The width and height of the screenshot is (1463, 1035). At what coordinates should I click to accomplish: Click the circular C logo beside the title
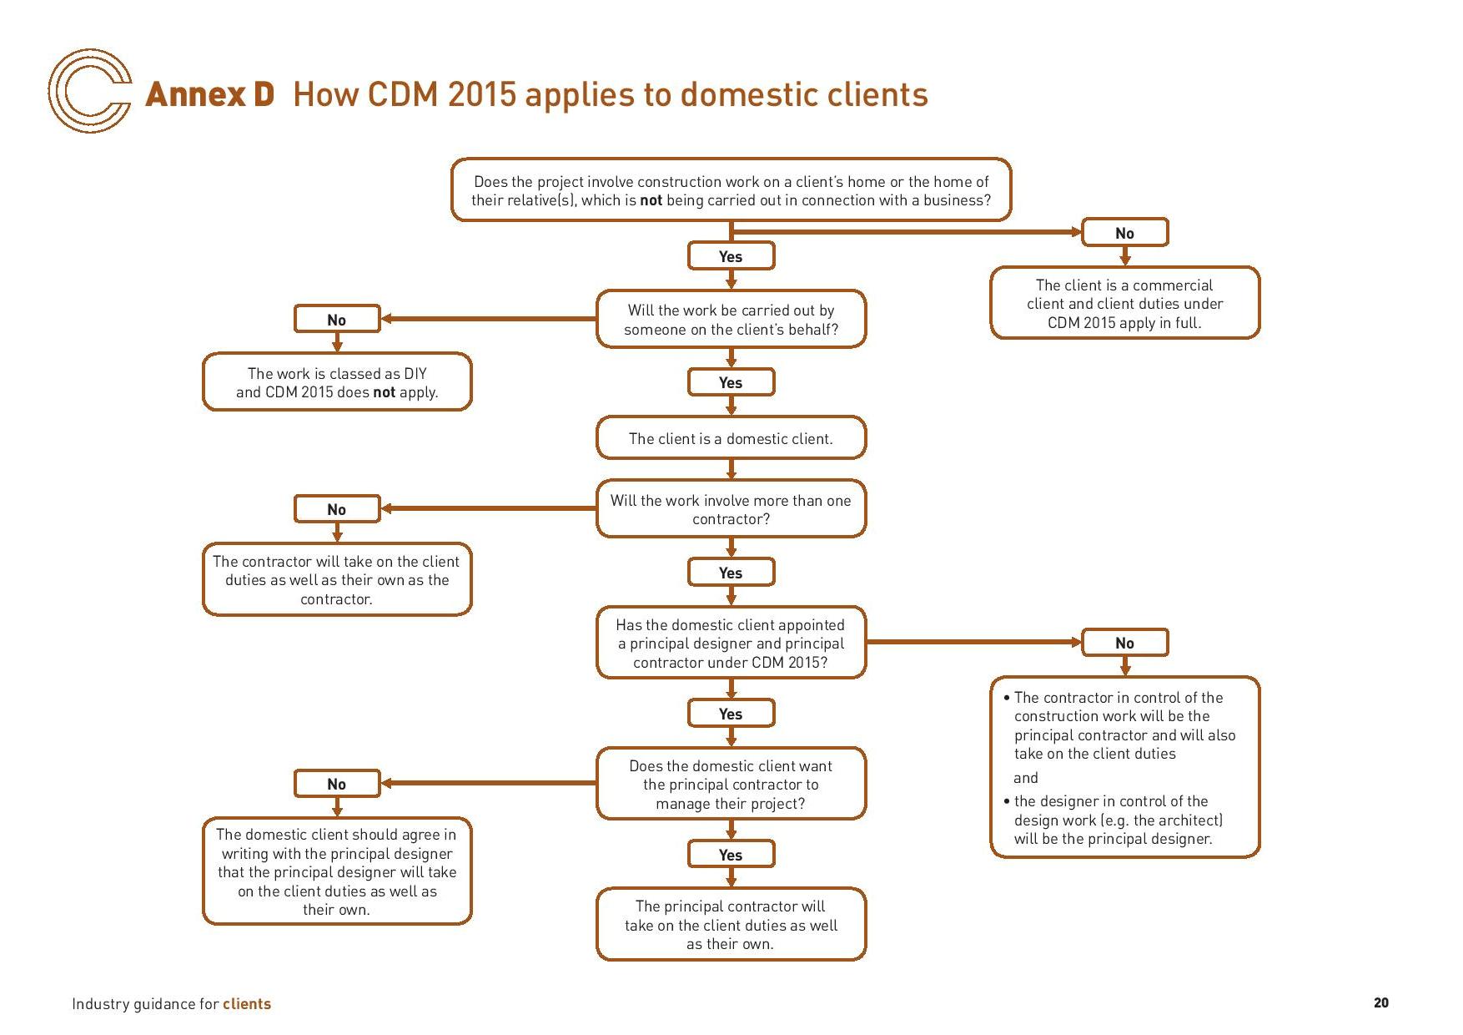pyautogui.click(x=89, y=91)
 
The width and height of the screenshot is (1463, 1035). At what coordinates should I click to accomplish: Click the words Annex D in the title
pyautogui.click(x=209, y=94)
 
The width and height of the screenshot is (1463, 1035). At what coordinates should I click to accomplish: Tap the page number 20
pyautogui.click(x=1380, y=1002)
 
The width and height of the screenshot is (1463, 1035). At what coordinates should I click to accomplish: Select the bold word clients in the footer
pyautogui.click(x=247, y=1004)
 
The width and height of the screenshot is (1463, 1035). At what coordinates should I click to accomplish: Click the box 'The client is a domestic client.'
pyautogui.click(x=731, y=438)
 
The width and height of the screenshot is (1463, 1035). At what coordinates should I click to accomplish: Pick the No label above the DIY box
pyautogui.click(x=337, y=320)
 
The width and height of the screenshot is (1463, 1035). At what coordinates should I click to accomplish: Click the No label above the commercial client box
pyautogui.click(x=1124, y=233)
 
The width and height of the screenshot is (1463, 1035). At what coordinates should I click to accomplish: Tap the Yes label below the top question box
pyautogui.click(x=731, y=256)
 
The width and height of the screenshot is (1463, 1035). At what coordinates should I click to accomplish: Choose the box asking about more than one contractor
pyautogui.click(x=731, y=509)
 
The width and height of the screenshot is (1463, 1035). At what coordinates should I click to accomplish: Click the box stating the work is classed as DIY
pyautogui.click(x=337, y=382)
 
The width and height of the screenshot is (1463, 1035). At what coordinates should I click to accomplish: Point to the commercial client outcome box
pyautogui.click(x=1124, y=303)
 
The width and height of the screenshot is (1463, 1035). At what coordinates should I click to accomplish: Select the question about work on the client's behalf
pyautogui.click(x=731, y=320)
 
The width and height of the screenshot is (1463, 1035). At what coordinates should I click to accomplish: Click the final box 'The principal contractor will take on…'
pyautogui.click(x=731, y=925)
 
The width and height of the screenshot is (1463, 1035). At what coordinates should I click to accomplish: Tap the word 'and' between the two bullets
pyautogui.click(x=1026, y=778)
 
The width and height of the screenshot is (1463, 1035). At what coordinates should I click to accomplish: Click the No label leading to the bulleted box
pyautogui.click(x=1124, y=643)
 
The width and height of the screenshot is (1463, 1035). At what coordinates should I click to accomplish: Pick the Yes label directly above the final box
pyautogui.click(x=731, y=855)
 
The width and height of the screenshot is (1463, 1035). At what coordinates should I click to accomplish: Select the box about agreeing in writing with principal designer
pyautogui.click(x=337, y=871)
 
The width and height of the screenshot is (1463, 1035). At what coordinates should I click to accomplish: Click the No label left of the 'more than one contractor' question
pyautogui.click(x=337, y=509)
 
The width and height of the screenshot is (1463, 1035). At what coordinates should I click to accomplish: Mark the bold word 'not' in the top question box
pyautogui.click(x=651, y=200)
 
